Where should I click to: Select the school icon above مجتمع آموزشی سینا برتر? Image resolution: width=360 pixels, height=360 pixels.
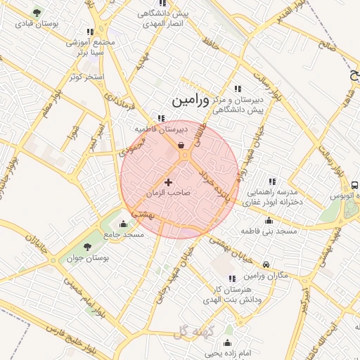click(x=89, y=32)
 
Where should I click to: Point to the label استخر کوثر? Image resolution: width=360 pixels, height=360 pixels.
click(x=87, y=76)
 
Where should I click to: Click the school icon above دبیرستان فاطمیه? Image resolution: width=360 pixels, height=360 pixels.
click(x=161, y=119)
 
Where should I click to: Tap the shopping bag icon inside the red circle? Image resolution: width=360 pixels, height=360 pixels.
click(x=181, y=146)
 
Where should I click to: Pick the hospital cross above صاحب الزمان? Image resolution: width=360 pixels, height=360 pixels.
click(x=168, y=182)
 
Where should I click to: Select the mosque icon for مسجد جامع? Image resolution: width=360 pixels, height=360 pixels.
click(x=124, y=224)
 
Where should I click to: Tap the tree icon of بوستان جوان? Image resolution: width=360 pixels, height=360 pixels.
click(x=87, y=246)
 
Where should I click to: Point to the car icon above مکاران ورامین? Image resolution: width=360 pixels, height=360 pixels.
click(x=266, y=264)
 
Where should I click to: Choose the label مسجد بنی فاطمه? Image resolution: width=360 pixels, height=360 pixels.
click(x=269, y=231)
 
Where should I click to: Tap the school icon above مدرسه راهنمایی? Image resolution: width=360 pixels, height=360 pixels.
click(x=272, y=181)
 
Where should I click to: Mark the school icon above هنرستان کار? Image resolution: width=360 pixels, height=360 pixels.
click(x=233, y=279)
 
